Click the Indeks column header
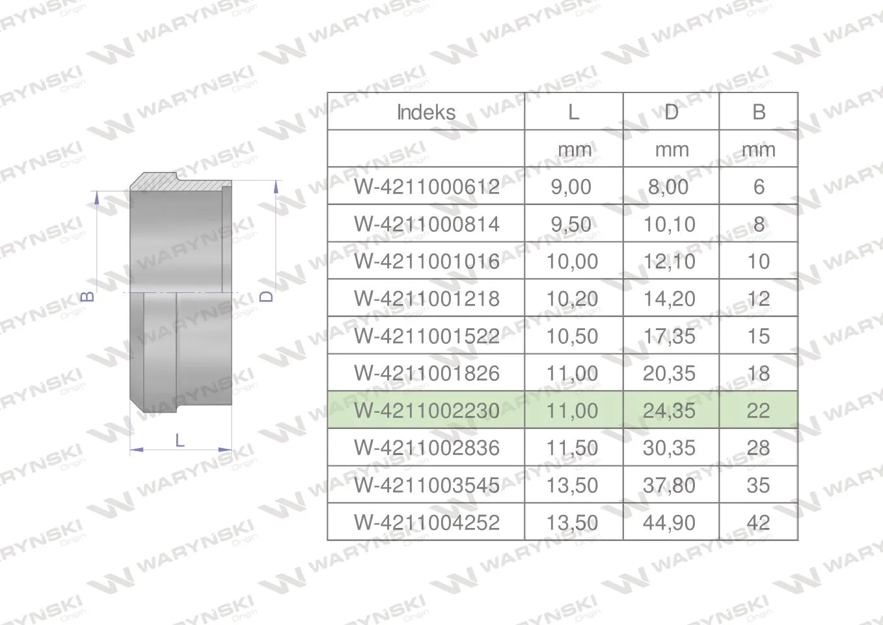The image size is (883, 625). click(x=426, y=113)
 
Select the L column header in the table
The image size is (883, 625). click(x=573, y=112)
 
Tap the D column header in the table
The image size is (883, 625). click(x=672, y=112)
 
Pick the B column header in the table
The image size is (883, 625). click(x=759, y=112)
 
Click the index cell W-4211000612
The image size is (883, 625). click(x=427, y=187)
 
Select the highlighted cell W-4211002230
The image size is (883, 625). click(x=427, y=411)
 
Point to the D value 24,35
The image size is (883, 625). click(x=669, y=411)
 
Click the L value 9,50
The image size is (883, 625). click(x=571, y=225)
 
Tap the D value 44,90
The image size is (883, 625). click(x=669, y=523)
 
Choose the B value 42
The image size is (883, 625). click(x=758, y=523)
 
